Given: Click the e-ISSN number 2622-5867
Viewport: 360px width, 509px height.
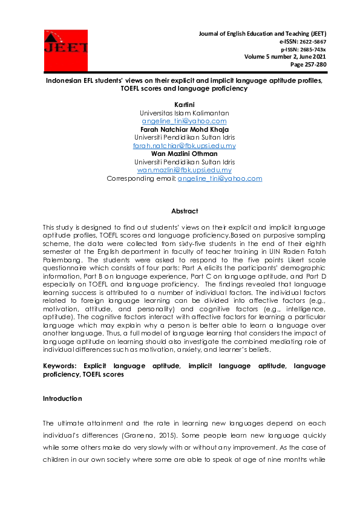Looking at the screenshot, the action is [x=313, y=41].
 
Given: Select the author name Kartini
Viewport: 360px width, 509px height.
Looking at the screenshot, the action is [x=185, y=105].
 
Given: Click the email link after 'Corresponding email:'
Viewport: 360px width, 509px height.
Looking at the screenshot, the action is [x=220, y=178].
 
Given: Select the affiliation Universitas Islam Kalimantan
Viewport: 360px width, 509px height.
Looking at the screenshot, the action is [x=185, y=113].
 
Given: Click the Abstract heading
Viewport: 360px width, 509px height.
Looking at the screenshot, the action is [x=185, y=211].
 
